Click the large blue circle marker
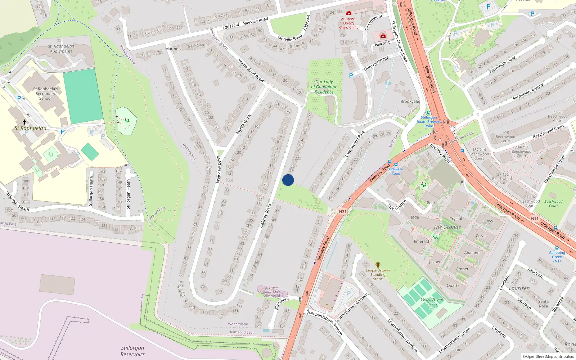288,180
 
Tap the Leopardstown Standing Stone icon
378,265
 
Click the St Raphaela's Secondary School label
45,94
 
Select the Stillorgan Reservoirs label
132,351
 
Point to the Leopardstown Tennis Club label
432,303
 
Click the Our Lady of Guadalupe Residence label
324,87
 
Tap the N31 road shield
342,212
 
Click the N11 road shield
535,219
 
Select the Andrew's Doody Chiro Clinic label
348,23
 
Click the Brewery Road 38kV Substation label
271,292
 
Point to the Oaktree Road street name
265,216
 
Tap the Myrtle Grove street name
244,124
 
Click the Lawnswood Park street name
355,144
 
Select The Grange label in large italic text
447,227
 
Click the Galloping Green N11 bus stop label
557,257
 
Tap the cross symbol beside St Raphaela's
24,122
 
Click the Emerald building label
421,242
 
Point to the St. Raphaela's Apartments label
61,49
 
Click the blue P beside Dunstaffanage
351,76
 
